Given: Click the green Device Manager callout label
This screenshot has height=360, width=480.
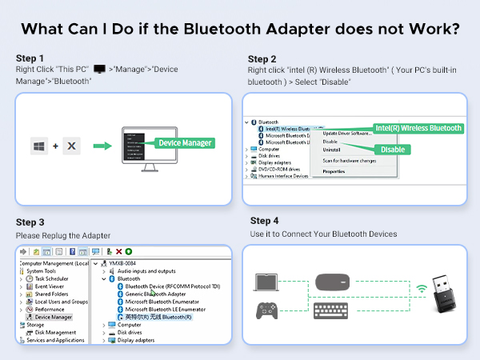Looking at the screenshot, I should click(x=185, y=142).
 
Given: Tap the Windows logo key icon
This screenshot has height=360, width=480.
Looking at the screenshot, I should click(x=39, y=146).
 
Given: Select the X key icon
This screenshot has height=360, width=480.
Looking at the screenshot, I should click(x=71, y=146).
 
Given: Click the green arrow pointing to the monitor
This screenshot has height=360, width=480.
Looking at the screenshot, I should click(x=102, y=146).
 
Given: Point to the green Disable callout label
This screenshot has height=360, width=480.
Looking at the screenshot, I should click(x=392, y=149).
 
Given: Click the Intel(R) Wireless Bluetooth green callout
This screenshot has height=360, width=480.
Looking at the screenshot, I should click(x=418, y=128).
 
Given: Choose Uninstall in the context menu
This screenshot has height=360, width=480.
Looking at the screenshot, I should click(x=331, y=150).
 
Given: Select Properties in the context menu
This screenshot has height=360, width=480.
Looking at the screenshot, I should click(x=334, y=171).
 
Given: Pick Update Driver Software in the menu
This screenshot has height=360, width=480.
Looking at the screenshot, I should click(x=346, y=133).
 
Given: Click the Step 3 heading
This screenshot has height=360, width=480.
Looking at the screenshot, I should click(x=30, y=222).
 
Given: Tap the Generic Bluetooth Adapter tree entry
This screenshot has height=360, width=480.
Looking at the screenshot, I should click(x=157, y=294).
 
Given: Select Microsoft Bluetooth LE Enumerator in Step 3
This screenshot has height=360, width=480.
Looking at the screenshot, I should click(x=165, y=309).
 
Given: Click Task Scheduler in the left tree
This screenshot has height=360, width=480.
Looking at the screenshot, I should click(x=53, y=278).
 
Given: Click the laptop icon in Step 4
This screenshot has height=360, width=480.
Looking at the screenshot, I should click(x=266, y=282).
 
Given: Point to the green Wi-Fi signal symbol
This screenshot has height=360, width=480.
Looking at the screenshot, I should click(x=421, y=287).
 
